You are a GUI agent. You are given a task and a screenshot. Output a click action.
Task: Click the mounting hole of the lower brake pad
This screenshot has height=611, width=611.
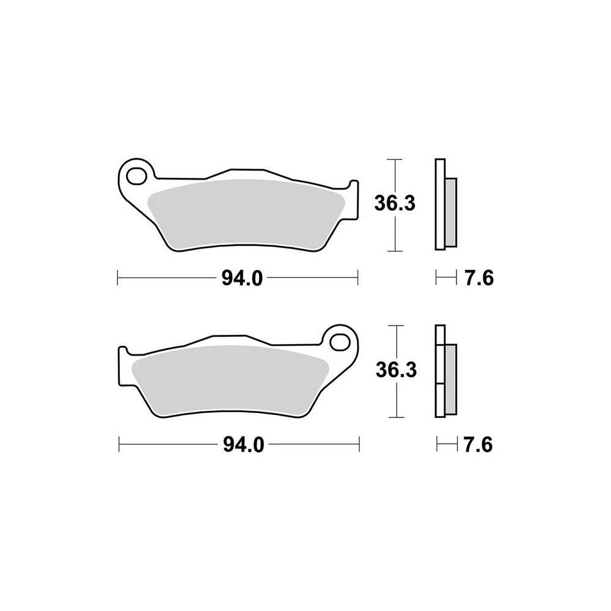click(x=340, y=340)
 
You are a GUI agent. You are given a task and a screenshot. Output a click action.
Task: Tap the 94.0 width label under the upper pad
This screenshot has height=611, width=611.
click(x=242, y=279)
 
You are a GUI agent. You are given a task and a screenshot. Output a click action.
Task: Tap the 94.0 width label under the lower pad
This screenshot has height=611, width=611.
click(x=243, y=445)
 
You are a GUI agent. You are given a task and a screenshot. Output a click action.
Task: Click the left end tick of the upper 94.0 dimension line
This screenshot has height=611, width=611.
click(x=117, y=279)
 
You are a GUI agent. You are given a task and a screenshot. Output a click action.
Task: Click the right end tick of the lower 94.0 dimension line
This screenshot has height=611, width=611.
click(x=359, y=445)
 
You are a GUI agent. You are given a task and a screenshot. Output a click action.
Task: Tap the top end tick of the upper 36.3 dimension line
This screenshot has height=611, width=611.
click(x=396, y=159)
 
